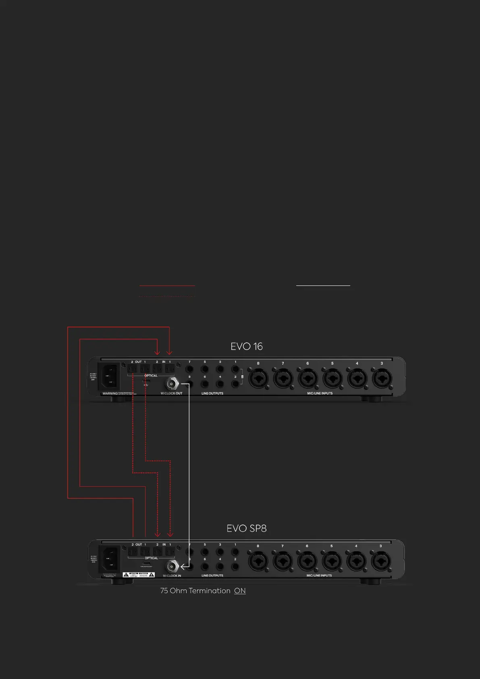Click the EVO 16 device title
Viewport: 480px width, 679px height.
pyautogui.click(x=246, y=347)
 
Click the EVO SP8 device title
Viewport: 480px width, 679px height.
pyautogui.click(x=246, y=529)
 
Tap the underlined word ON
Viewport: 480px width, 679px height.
pyautogui.click(x=240, y=591)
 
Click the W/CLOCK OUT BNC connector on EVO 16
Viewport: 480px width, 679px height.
pyautogui.click(x=172, y=383)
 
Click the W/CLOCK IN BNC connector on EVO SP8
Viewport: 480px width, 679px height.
pyautogui.click(x=172, y=566)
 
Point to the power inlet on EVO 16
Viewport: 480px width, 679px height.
pyautogui.click(x=109, y=376)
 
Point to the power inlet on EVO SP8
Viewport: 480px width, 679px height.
pyautogui.click(x=110, y=558)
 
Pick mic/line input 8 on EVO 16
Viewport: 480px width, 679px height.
pyautogui.click(x=258, y=379)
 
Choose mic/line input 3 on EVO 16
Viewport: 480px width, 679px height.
pyautogui.click(x=382, y=379)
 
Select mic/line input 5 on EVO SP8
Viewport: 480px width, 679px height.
pyautogui.click(x=332, y=561)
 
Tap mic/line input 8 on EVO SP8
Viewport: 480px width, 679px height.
pyautogui.click(x=258, y=561)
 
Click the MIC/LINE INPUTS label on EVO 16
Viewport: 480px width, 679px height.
pyautogui.click(x=320, y=393)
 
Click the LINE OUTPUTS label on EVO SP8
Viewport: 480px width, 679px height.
pyautogui.click(x=212, y=576)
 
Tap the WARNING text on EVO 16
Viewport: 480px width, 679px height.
pyautogui.click(x=110, y=394)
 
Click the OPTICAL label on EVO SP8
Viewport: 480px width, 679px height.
pyautogui.click(x=152, y=558)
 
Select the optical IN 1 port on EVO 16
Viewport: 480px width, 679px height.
pyautogui.click(x=170, y=369)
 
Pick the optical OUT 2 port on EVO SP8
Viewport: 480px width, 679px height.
pyautogui.click(x=133, y=551)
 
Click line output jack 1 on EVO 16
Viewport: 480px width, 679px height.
pyautogui.click(x=235, y=369)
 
